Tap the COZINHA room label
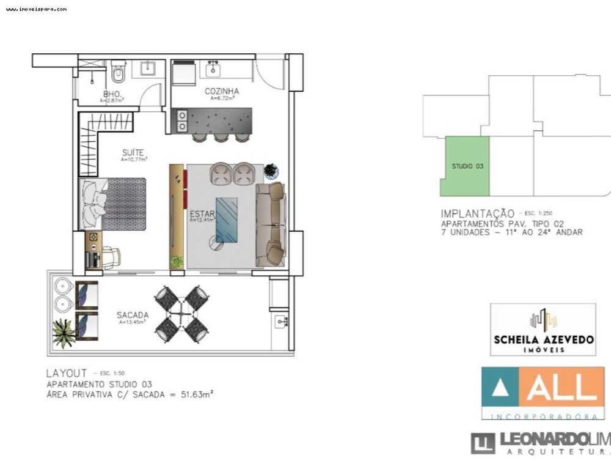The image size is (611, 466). coord(222,92)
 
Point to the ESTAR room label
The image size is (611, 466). coord(200,214)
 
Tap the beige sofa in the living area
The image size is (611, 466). coord(270,224)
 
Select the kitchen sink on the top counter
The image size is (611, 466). coord(213,68)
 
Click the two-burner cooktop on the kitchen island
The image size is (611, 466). coord(181,120)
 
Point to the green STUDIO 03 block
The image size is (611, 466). coord(466,166)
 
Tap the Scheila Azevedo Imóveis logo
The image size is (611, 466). coord(543,330)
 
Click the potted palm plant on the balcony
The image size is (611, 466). coord(64,334)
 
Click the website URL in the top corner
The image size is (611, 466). coord(37,9)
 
